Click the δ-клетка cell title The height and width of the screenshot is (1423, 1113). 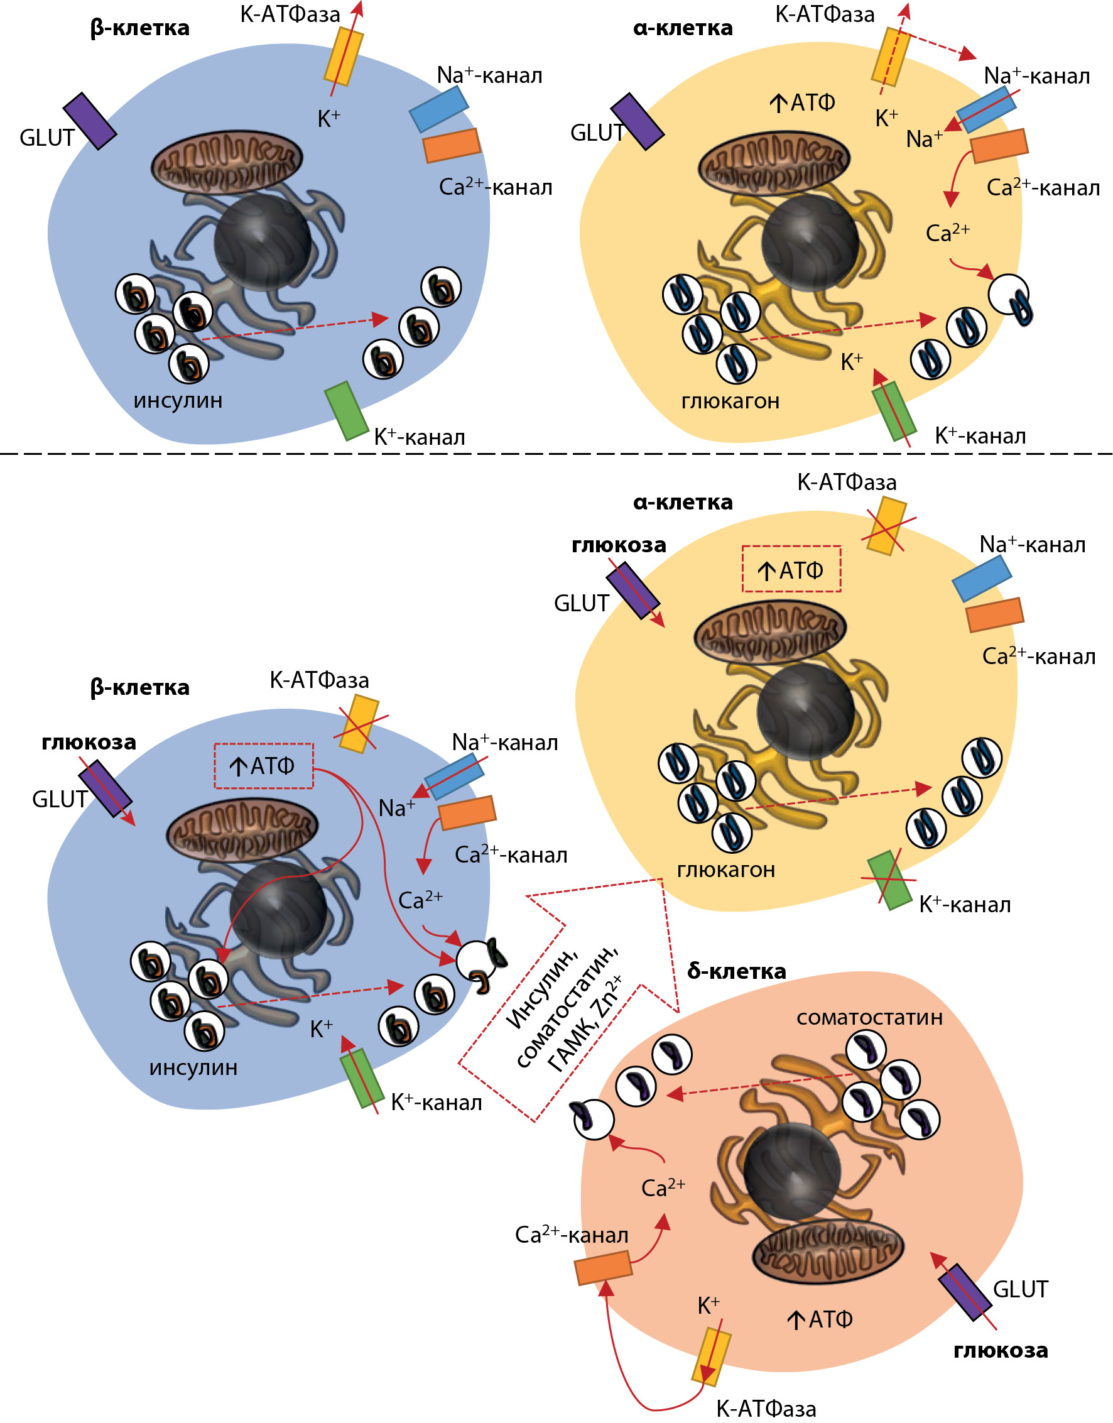coord(736,971)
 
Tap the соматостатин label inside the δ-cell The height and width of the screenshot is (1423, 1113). coord(869,1018)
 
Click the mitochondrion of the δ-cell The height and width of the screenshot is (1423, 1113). coord(828,1251)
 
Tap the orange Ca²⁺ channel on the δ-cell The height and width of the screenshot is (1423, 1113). coord(603,1268)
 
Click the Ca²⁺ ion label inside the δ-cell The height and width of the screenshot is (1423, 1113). coord(663,1187)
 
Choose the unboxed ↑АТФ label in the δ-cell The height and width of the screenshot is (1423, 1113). coord(820,1319)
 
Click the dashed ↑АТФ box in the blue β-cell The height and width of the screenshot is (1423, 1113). coord(264,766)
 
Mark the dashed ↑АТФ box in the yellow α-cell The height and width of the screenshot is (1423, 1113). coord(791,569)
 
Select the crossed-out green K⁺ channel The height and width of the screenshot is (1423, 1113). coord(889,880)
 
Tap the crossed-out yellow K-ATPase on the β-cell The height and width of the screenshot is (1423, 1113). coord(361,724)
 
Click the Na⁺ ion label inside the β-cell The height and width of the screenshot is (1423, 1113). coord(396,809)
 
